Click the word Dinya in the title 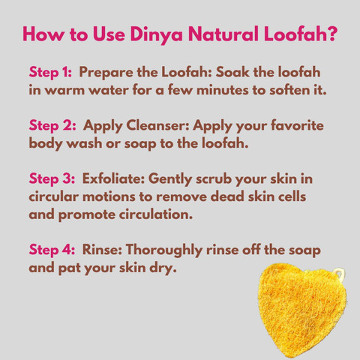157,34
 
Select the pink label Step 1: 50,73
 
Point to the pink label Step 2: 52,126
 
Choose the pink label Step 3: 52,179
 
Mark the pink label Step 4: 52,250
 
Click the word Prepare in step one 106,73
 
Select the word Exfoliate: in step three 113,178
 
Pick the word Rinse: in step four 102,249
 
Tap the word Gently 170,179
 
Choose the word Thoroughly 163,250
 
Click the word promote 87,215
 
